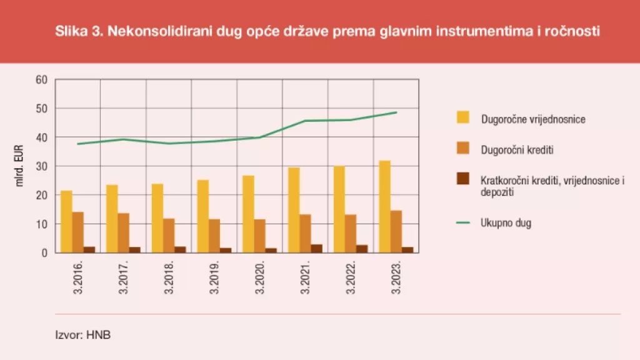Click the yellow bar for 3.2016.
(x=66, y=222)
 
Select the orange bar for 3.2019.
(x=214, y=236)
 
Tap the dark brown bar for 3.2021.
(x=317, y=248)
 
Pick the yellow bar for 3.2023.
(x=385, y=207)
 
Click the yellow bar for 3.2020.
(x=248, y=214)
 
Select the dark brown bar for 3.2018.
(x=180, y=249)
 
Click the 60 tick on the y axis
(x=42, y=80)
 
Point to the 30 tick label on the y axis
(x=42, y=166)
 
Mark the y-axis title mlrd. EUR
(x=19, y=166)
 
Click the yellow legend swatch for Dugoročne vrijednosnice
(x=463, y=117)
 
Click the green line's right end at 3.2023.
(x=396, y=112)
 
